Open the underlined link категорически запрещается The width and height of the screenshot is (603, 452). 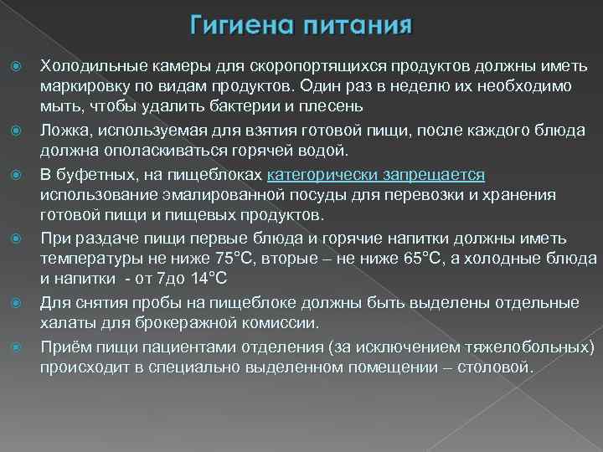pos(375,173)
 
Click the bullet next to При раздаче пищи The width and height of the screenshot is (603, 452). pos(13,237)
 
